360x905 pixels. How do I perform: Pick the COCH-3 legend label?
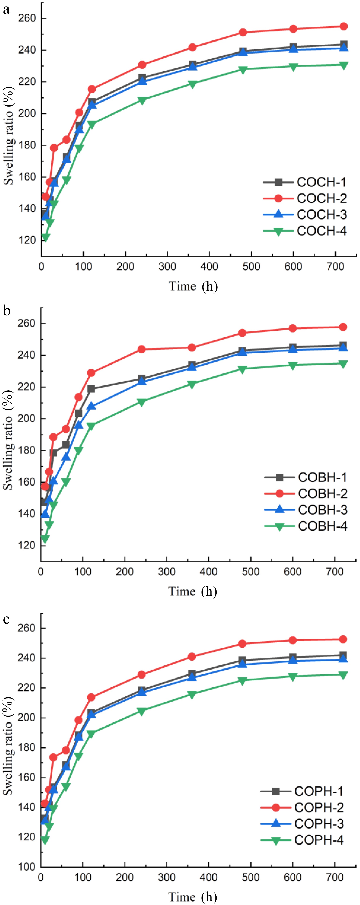pos(321,215)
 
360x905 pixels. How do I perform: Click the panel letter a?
pos(6,10)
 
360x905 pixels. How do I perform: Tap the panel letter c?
pos(6,619)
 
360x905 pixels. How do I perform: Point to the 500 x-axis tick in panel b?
pos(250,572)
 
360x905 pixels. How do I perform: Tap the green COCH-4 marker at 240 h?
pos(142,100)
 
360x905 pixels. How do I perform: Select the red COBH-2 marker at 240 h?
pos(142,349)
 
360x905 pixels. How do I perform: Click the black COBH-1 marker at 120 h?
pos(91,389)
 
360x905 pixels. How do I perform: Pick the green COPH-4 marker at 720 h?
pos(343,675)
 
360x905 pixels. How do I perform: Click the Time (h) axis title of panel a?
pos(193,286)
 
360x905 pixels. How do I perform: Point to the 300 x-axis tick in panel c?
pos(166,877)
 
